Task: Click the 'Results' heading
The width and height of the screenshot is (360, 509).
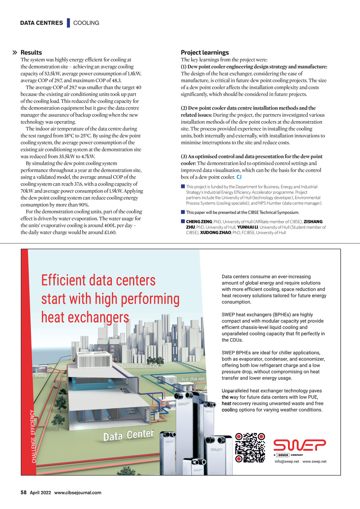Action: pyautogui.click(x=31, y=53)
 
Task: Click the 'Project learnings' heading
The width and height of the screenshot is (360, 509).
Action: pyautogui.click(x=205, y=53)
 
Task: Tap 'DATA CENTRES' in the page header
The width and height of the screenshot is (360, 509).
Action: pyautogui.click(x=41, y=23)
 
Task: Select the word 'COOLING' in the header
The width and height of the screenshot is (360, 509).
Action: pyautogui.click(x=86, y=23)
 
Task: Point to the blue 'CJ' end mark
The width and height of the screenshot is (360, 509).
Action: pyautogui.click(x=239, y=177)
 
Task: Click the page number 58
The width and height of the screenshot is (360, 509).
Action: pyautogui.click(x=24, y=492)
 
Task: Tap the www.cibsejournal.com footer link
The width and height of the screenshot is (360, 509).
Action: pyautogui.click(x=78, y=492)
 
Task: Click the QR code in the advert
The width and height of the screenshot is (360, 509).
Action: pyautogui.click(x=250, y=447)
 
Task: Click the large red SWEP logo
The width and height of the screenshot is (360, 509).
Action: pyautogui.click(x=300, y=445)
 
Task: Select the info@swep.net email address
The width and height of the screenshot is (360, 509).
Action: pyautogui.click(x=287, y=462)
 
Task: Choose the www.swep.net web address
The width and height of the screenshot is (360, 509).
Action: pyautogui.click(x=314, y=462)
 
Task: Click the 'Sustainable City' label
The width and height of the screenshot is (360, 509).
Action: pyautogui.click(x=139, y=366)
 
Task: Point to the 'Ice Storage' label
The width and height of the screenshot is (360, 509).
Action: pyautogui.click(x=193, y=379)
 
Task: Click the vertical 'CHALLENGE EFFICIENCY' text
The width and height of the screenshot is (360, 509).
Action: pyautogui.click(x=33, y=436)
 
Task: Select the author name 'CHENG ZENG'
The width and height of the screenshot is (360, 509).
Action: pyautogui.click(x=199, y=222)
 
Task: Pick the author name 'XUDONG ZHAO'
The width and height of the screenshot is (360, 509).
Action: pyautogui.click(x=216, y=233)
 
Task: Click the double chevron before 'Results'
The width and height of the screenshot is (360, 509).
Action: pyautogui.click(x=15, y=53)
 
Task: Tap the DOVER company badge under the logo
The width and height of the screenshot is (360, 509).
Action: pyautogui.click(x=283, y=455)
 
